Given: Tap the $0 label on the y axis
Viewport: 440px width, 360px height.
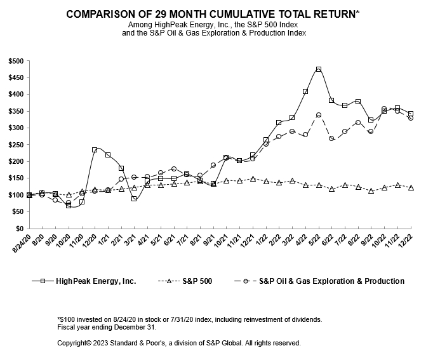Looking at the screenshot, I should click(19, 229).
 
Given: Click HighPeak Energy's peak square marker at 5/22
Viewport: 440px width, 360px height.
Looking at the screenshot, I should click(319, 69).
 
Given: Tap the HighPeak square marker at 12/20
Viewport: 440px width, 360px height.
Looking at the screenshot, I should click(95, 150).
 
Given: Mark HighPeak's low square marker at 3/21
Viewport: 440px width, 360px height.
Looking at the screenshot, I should click(134, 199).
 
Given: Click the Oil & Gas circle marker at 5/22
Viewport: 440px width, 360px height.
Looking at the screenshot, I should click(319, 115).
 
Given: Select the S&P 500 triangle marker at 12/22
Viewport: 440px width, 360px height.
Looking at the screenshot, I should click(411, 188).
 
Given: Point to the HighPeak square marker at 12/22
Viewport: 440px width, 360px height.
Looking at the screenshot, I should click(411, 114).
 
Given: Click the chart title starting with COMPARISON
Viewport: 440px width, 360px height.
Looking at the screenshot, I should click(214, 13).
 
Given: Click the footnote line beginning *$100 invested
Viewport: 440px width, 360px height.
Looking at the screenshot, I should click(189, 319).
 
